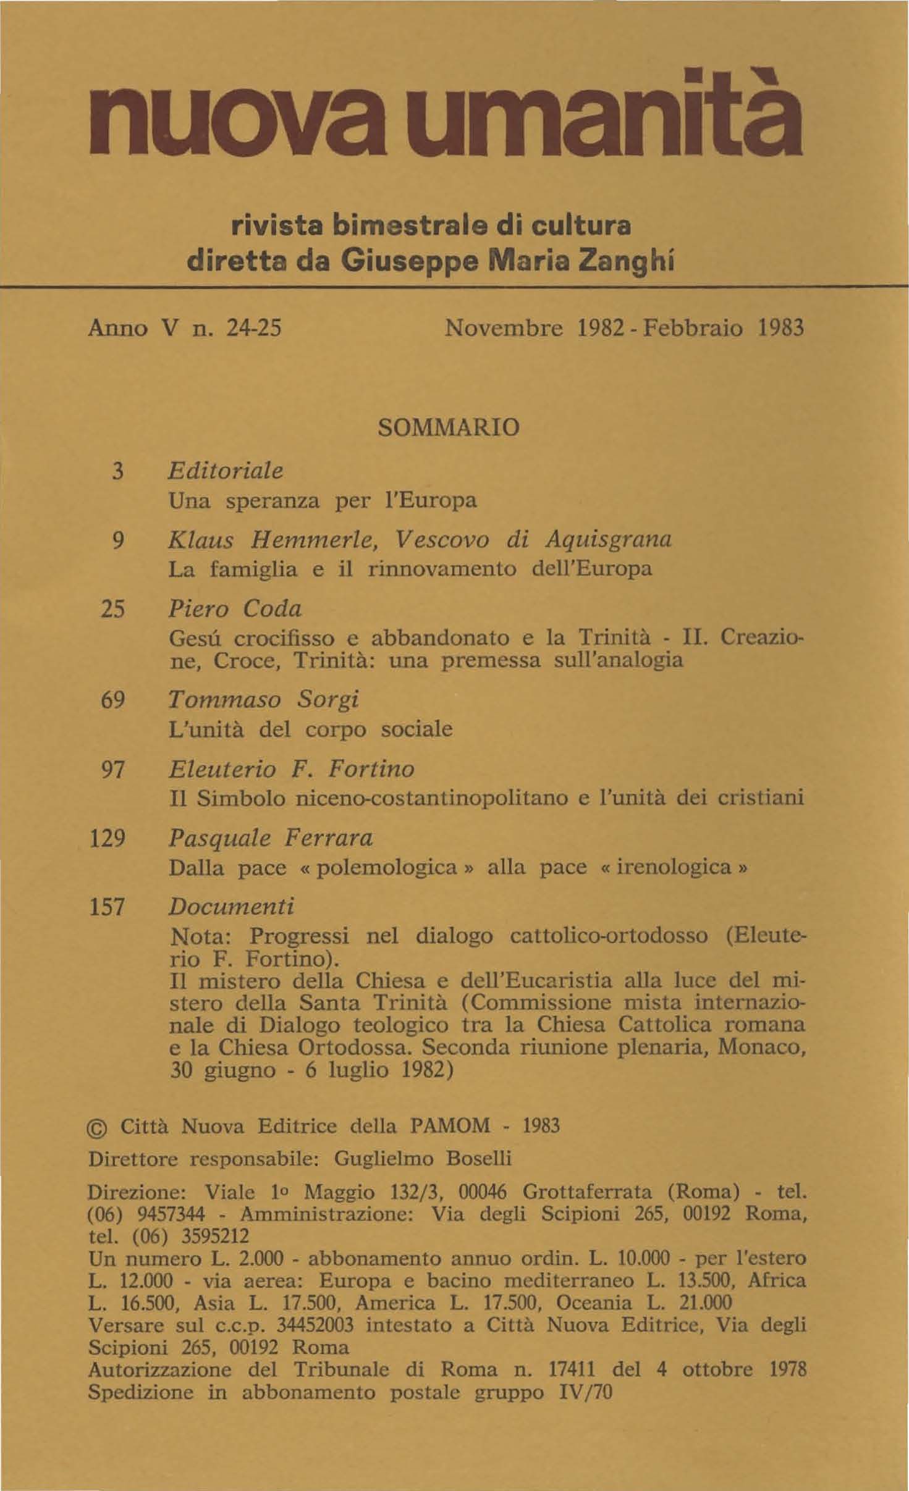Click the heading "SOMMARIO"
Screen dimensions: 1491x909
(448, 427)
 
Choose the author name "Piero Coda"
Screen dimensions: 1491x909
(235, 610)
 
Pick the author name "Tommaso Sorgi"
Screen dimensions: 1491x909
(264, 701)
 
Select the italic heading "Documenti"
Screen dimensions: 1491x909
(232, 907)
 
